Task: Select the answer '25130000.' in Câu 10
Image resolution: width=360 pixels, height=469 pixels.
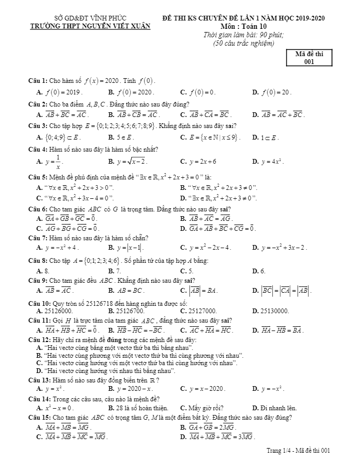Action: pos(274,311)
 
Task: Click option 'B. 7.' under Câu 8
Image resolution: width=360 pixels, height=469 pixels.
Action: pos(115,271)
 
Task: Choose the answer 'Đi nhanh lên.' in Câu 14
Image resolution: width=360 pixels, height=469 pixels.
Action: pos(278,408)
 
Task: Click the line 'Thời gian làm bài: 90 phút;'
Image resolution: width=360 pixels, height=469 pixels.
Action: pos(243,35)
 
